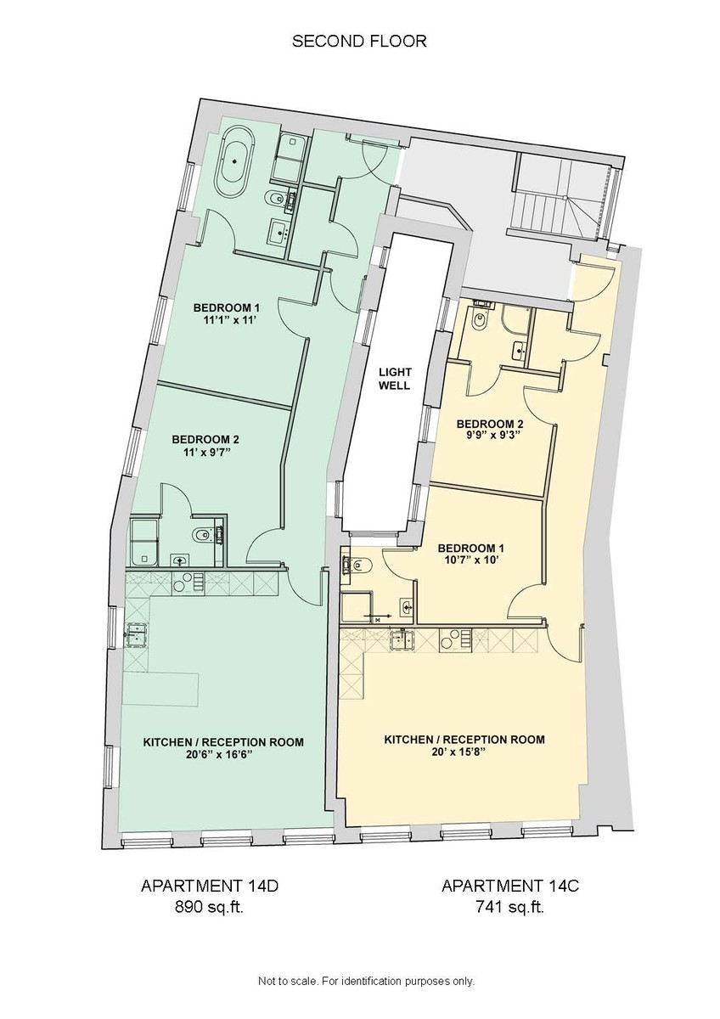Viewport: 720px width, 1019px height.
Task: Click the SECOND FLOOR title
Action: (x=359, y=41)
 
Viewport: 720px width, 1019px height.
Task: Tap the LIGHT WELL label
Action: (x=394, y=378)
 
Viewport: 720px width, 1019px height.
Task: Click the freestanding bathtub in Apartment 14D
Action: (x=233, y=165)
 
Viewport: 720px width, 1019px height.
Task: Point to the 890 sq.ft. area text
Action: (x=209, y=906)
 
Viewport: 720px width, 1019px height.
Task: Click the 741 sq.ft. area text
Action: (x=509, y=906)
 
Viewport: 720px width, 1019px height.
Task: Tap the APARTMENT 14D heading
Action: (x=209, y=886)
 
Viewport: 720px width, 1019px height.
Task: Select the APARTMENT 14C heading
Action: (x=509, y=886)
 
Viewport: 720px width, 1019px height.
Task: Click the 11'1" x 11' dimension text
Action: (x=224, y=320)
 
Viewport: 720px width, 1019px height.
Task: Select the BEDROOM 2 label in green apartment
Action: (x=205, y=439)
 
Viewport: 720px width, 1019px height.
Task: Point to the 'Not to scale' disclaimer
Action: (x=366, y=981)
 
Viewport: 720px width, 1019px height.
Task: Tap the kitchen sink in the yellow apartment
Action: (x=402, y=639)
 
